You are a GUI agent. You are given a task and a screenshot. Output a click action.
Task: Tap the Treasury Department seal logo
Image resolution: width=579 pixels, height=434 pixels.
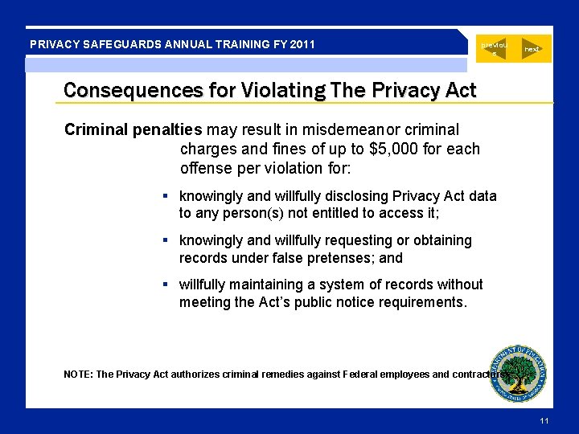pyautogui.click(x=519, y=371)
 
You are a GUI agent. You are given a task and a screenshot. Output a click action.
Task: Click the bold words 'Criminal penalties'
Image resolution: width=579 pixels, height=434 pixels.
pyautogui.click(x=133, y=129)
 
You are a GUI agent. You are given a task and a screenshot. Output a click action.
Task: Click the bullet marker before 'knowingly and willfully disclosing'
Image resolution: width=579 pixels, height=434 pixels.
pyautogui.click(x=164, y=196)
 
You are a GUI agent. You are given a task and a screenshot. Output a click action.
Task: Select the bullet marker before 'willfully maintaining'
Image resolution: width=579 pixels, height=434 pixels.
pyautogui.click(x=164, y=285)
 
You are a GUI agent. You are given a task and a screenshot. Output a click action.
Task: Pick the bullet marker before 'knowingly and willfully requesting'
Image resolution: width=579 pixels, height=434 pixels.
pyautogui.click(x=164, y=240)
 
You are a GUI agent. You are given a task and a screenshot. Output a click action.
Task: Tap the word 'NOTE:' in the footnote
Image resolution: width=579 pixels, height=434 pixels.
pyautogui.click(x=78, y=375)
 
